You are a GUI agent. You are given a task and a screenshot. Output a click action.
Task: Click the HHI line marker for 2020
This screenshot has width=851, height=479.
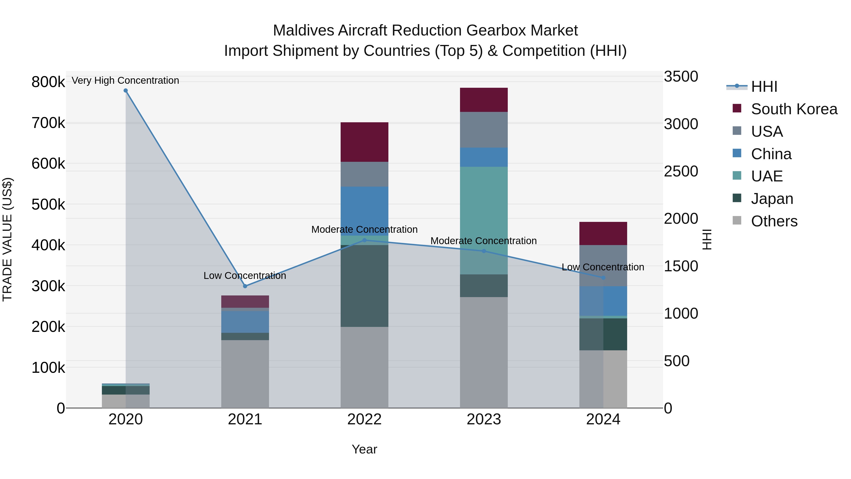click(x=126, y=91)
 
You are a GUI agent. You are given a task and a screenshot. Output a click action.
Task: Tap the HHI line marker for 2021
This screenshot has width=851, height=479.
click(x=245, y=286)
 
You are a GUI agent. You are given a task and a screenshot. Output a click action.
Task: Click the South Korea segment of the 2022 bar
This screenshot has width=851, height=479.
click(x=364, y=142)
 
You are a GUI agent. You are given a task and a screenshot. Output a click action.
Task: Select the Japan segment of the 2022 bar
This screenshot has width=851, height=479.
click(x=364, y=286)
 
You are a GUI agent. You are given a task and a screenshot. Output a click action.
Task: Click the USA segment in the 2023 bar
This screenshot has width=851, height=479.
click(x=484, y=130)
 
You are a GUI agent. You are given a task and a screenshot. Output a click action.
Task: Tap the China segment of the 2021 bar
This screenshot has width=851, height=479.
click(x=245, y=322)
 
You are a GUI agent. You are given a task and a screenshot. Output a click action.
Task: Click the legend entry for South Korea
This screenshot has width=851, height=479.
click(x=794, y=109)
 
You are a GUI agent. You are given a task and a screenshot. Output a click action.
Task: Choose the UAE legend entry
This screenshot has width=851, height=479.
click(x=766, y=176)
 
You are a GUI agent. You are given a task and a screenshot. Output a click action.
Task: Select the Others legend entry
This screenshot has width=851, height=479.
click(x=774, y=221)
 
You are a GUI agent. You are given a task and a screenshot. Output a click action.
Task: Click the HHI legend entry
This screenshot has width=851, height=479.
click(x=764, y=87)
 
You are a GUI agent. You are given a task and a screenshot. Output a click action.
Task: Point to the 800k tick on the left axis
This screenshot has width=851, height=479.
click(x=48, y=82)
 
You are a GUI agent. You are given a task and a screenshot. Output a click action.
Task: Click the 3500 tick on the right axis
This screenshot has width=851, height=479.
click(x=681, y=77)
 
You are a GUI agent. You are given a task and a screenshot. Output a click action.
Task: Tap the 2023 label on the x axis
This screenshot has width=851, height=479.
click(x=484, y=419)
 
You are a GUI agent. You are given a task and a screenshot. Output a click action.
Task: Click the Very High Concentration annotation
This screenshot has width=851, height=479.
click(x=125, y=80)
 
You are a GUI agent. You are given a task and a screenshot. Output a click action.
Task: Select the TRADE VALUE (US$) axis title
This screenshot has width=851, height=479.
click(x=8, y=239)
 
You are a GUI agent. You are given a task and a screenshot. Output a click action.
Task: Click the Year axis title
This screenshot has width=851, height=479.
click(x=364, y=449)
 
